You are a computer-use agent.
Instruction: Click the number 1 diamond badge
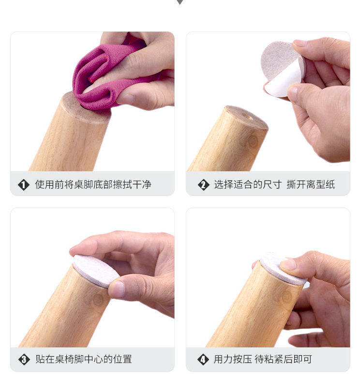(x=24, y=185)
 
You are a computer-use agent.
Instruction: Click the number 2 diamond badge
(x=204, y=185)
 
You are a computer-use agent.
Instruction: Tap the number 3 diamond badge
(x=24, y=359)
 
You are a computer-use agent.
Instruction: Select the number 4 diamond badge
(x=203, y=359)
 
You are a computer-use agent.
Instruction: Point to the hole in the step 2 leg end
(x=248, y=117)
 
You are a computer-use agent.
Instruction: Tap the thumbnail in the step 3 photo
(x=117, y=289)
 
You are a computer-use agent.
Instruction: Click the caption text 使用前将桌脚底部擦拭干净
(x=93, y=185)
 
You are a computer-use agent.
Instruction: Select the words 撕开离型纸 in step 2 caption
(x=311, y=185)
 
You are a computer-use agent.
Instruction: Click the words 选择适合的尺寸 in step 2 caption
(x=248, y=185)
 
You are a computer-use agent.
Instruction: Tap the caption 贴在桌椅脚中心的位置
(x=84, y=359)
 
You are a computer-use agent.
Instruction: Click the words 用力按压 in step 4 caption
(x=233, y=359)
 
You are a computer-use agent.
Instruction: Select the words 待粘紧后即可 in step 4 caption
(x=283, y=359)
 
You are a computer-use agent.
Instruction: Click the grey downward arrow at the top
(x=180, y=2)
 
